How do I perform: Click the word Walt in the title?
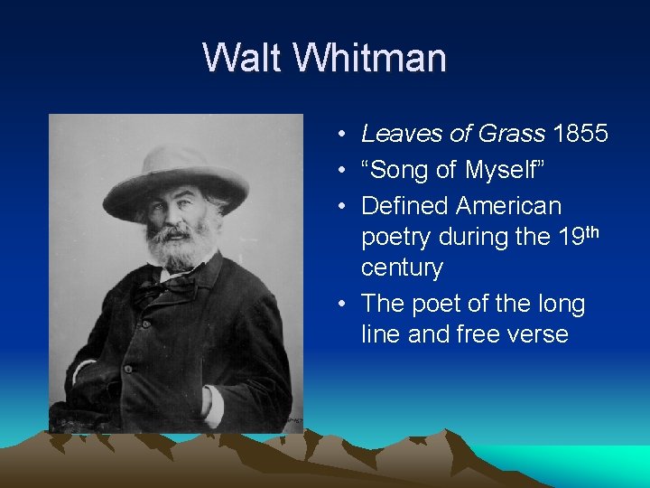click(x=237, y=58)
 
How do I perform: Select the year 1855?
click(x=580, y=134)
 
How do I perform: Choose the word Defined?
click(x=405, y=206)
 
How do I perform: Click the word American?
click(x=508, y=206)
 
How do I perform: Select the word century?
click(x=402, y=268)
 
